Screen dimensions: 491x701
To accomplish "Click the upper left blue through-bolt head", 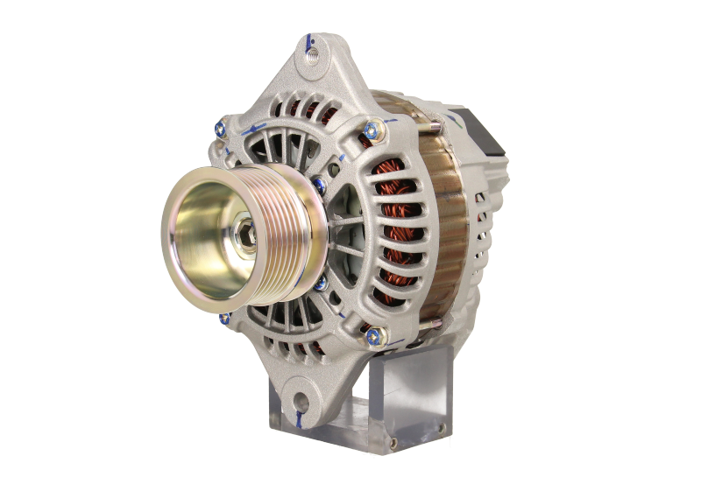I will coord(221,132).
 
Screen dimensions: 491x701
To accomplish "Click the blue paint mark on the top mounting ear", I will coord(309,39).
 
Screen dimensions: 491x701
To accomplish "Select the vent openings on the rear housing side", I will coord(482,245).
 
